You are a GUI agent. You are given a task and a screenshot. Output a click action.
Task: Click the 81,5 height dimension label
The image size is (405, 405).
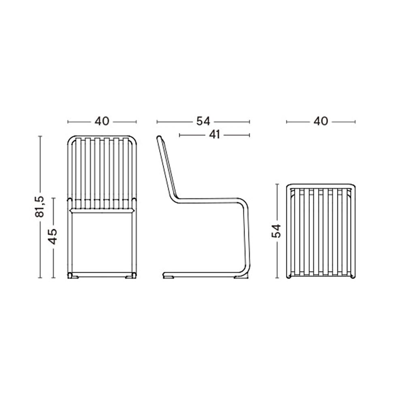click(x=40, y=207)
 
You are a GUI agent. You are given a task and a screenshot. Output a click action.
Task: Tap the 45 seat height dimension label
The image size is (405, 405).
click(x=53, y=237)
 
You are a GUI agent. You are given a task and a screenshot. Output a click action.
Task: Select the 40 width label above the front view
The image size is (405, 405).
click(x=102, y=122)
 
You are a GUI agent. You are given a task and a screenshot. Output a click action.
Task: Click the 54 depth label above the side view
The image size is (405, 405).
click(x=203, y=122)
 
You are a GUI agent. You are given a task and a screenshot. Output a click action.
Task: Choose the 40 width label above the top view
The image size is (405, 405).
click(x=321, y=122)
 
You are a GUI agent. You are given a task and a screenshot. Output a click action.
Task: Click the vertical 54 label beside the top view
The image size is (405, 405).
click(x=277, y=231)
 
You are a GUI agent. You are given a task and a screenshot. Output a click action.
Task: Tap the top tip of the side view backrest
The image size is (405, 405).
click(x=159, y=137)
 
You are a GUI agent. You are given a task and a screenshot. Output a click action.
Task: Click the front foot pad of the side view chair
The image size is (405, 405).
click(x=240, y=277)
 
